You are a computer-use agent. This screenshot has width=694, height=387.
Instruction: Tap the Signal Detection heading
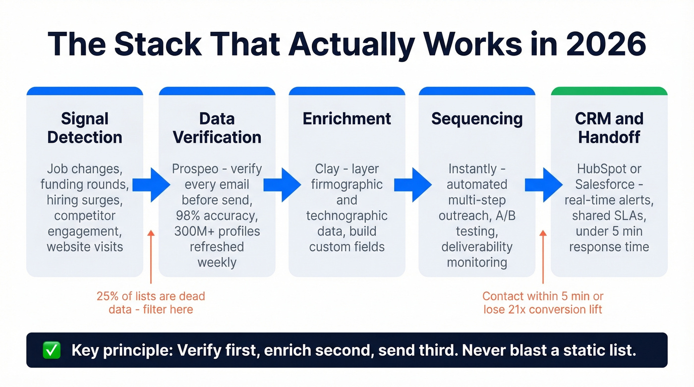(85, 128)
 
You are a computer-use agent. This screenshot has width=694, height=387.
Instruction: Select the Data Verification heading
(217, 128)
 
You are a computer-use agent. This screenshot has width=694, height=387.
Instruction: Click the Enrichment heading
(347, 119)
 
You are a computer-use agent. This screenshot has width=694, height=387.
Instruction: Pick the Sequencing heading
(476, 119)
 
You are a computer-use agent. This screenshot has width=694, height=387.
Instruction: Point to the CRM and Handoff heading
(609, 128)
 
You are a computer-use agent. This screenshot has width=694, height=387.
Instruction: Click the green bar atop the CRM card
(609, 91)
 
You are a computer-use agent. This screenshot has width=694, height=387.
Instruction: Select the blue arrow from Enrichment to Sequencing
(414, 184)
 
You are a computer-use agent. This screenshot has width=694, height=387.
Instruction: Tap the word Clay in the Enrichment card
(327, 169)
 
